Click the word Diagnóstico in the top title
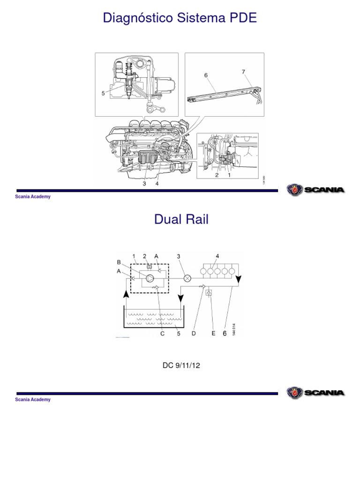point(136,18)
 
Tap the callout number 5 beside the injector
point(103,93)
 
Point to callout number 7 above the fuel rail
point(243,72)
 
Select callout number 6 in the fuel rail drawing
point(205,75)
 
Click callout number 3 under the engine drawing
point(144,184)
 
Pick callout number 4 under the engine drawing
point(157,184)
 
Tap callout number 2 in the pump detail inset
point(217,175)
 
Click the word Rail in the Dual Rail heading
point(196,219)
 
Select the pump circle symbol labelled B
point(150,279)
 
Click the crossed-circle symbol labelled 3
point(187,278)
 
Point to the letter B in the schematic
point(119,262)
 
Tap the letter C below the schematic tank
point(162,333)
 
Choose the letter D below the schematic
point(194,333)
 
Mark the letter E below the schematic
point(213,333)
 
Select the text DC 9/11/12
point(181,365)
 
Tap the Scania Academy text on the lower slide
point(33,399)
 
